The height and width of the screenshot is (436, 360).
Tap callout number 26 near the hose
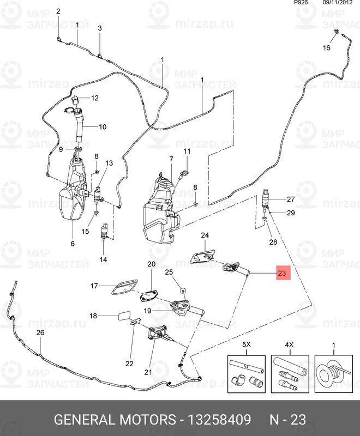point(40,332)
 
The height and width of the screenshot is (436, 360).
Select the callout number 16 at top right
point(327,48)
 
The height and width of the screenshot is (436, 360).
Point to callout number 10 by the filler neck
point(103,127)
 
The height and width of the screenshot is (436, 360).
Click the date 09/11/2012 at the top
point(339,3)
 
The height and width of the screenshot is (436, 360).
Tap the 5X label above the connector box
point(246,346)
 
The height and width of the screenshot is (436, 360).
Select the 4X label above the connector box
point(290,346)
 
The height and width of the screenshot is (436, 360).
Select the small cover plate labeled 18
point(123,316)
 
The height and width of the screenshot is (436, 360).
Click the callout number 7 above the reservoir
point(171,159)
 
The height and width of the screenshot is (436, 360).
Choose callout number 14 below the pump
point(103,259)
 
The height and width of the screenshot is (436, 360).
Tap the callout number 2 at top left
point(58,11)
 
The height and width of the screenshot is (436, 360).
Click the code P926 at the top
point(300,3)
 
